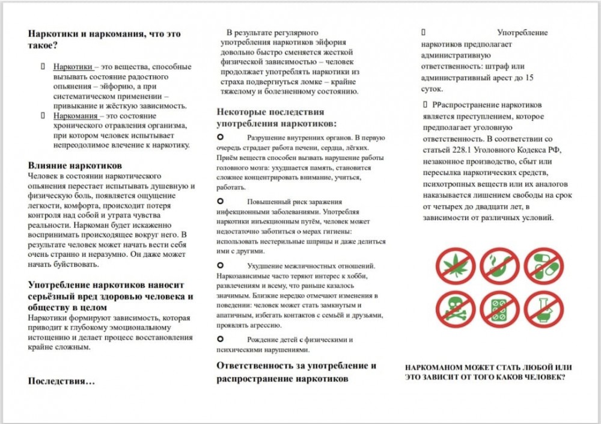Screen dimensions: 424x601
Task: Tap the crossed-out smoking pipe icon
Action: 499,266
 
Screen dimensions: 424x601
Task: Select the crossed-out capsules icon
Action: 543,266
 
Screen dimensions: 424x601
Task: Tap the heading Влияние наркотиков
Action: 75,165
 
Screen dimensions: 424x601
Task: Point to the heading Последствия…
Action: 61,381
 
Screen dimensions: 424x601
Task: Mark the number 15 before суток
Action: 529,78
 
